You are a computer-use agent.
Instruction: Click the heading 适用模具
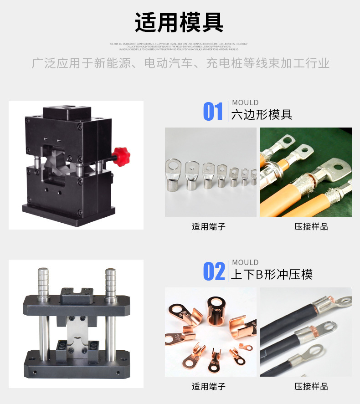179,22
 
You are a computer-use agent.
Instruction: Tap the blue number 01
213,112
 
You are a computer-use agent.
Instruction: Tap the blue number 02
214,271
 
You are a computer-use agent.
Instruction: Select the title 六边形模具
262,114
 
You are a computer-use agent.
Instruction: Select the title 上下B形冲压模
272,274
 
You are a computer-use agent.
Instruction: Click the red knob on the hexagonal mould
122,156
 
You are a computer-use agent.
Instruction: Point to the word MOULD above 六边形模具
245,102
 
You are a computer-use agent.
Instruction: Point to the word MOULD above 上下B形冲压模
245,262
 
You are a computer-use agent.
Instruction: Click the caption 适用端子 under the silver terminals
209,226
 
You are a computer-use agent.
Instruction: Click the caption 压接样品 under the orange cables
311,226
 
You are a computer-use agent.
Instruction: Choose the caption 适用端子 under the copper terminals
209,386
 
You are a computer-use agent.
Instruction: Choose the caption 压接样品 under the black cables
311,386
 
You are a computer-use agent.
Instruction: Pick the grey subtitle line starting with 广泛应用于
180,63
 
